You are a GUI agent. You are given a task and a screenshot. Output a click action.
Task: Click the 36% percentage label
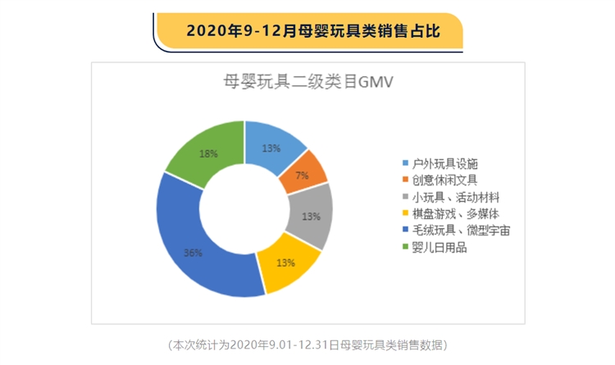pos(194,253)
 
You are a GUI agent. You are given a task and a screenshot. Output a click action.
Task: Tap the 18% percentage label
pos(208,153)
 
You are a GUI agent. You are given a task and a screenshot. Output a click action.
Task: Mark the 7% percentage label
pos(301,176)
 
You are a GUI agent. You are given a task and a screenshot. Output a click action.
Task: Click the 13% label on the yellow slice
pos(285,263)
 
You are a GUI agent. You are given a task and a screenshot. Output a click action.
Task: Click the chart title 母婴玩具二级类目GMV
pos(307,80)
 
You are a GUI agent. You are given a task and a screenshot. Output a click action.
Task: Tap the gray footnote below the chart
pos(307,343)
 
